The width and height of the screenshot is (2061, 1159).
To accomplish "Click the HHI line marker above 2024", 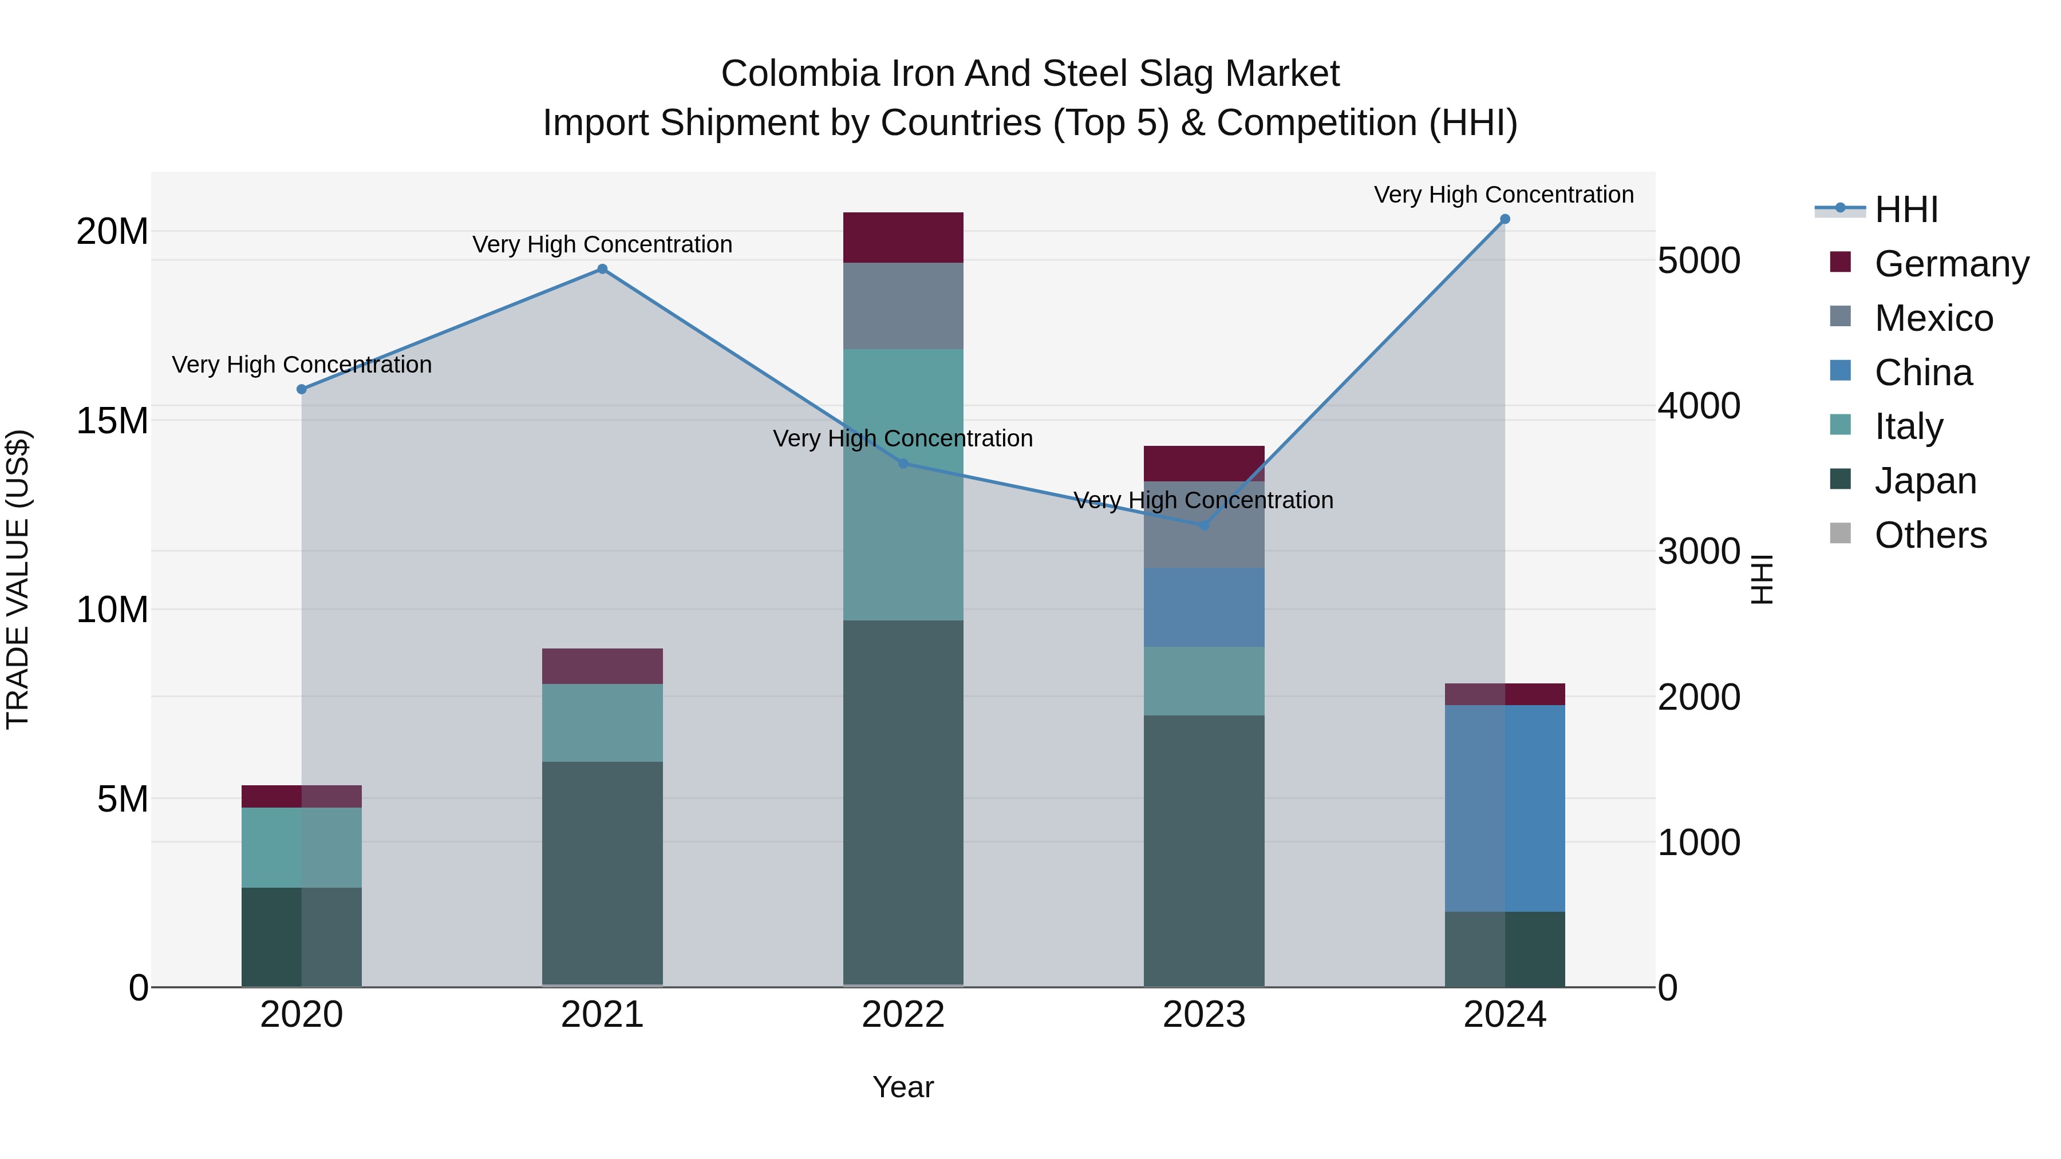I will point(1504,219).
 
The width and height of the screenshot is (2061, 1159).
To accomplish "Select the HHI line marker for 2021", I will point(602,270).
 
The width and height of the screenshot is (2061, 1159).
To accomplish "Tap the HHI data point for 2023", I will point(1204,525).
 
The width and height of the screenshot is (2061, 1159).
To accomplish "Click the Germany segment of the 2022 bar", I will point(903,238).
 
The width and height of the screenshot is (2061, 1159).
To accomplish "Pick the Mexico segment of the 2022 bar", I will point(903,306).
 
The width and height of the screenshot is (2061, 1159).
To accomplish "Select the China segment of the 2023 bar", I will point(1204,607).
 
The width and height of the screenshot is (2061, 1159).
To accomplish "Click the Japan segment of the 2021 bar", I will point(602,872).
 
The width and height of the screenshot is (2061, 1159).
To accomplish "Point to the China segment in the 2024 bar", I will point(1504,808).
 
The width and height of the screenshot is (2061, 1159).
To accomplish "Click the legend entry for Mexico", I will point(1933,318).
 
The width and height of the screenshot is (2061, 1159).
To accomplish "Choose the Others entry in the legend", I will point(1930,535).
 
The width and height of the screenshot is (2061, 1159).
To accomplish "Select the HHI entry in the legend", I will point(1906,209).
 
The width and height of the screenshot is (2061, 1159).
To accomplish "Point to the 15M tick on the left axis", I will point(112,421).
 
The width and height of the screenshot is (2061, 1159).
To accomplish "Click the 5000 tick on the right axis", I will point(1699,261).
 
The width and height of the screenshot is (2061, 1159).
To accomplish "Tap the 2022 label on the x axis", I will point(903,1015).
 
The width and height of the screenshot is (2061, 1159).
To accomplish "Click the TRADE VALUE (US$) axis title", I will point(18,579).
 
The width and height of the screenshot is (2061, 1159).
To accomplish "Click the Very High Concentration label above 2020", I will point(302,365).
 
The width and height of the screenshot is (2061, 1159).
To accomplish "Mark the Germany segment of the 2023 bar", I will point(1204,463).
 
